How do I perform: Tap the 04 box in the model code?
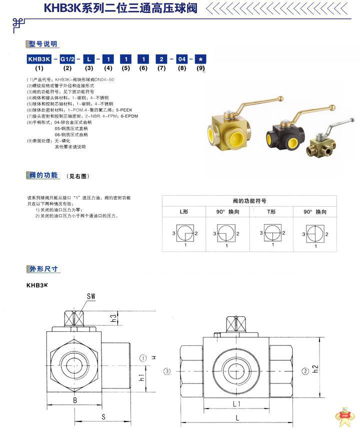click(181, 59)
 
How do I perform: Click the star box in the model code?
click(200, 59)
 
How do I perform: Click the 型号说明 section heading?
click(43, 44)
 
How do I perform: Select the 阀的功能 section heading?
click(43, 176)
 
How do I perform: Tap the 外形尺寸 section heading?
click(43, 269)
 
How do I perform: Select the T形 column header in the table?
click(271, 212)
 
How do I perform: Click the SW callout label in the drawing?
click(90, 296)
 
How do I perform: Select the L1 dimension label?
click(235, 403)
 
